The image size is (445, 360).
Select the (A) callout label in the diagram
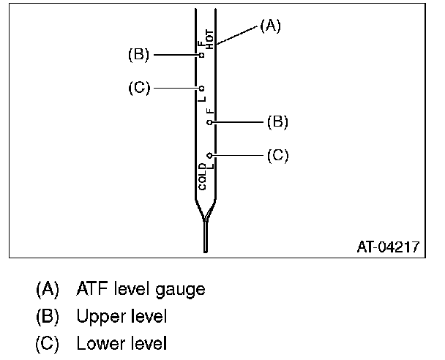point(270,26)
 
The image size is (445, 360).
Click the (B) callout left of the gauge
point(138,54)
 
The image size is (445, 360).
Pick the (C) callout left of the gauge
point(138,88)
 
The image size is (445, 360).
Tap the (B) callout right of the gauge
point(277,122)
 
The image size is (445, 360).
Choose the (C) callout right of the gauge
point(277,155)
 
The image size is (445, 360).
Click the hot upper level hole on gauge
point(202,54)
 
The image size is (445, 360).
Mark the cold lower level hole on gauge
point(210,155)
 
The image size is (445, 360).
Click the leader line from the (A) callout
point(236,35)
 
